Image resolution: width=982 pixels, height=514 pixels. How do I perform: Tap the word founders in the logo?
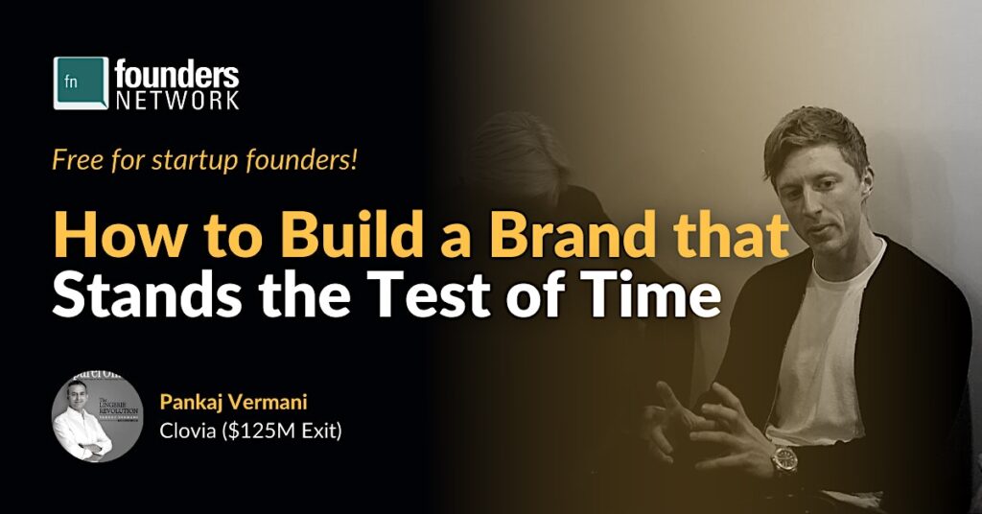point(176,75)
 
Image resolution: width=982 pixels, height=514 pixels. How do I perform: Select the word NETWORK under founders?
point(176,100)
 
